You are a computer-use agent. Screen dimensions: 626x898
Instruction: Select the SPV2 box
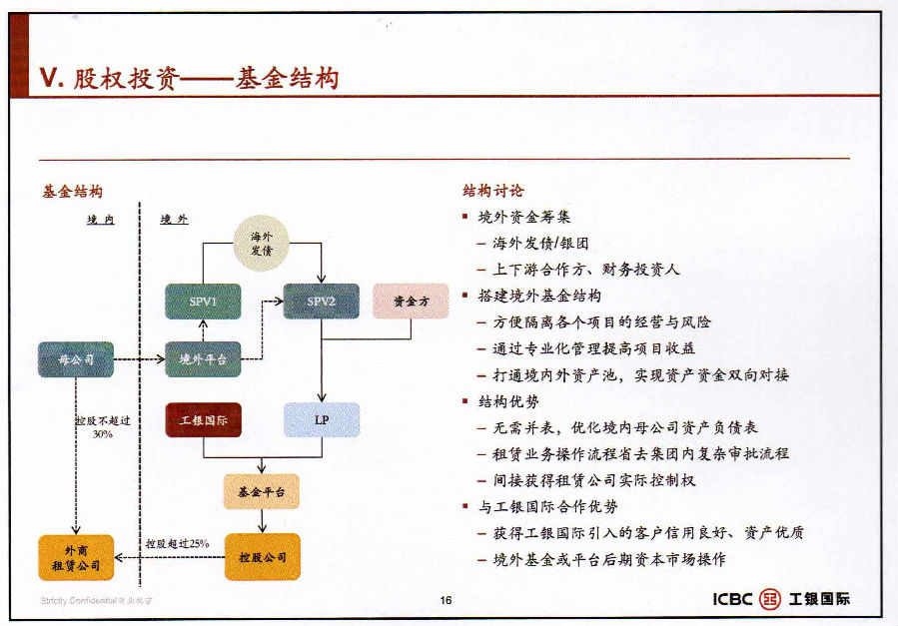click(321, 301)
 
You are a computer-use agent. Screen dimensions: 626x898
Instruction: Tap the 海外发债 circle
click(268, 245)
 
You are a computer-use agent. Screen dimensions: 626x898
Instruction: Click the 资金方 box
click(411, 301)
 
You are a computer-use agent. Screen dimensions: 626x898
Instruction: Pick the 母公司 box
click(76, 358)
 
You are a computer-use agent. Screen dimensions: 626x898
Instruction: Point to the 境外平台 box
click(203, 359)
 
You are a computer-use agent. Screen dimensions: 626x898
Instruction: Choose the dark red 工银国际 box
click(203, 420)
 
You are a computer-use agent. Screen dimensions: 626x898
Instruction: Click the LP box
click(321, 420)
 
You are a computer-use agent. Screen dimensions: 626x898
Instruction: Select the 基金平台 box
click(262, 491)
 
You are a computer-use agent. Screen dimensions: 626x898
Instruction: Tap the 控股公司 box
click(262, 556)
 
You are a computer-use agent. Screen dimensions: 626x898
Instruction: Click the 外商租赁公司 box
click(76, 557)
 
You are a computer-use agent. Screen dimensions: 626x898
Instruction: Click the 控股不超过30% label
click(103, 427)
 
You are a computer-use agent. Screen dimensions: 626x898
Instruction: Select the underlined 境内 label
click(100, 219)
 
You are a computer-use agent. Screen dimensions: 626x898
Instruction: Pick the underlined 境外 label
click(174, 219)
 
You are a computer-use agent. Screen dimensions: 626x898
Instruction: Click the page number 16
click(446, 600)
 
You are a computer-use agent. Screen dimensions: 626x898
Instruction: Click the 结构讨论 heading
click(492, 191)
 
